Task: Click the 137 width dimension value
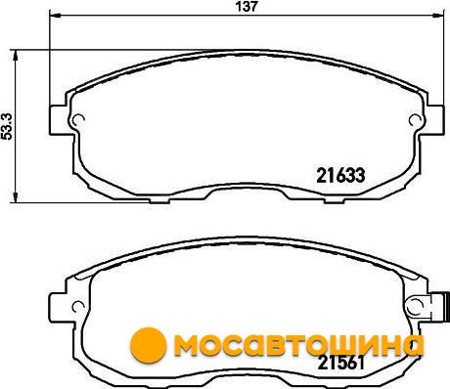[247, 7]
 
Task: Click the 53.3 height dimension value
[7, 127]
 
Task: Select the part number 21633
[340, 176]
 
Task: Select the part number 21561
[340, 363]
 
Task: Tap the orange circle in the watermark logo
[149, 345]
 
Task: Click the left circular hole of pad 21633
[78, 120]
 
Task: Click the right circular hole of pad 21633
[415, 120]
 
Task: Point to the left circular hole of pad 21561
[78, 307]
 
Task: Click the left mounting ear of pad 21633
[58, 120]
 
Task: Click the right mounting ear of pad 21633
[435, 120]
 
